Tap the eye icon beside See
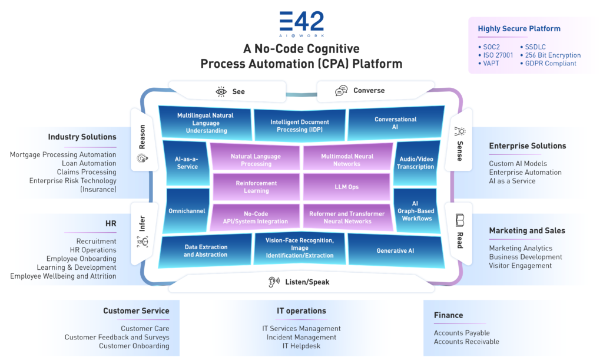tap(221, 91)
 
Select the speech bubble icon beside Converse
tap(341, 91)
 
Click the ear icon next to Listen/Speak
tap(272, 282)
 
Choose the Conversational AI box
tap(395, 123)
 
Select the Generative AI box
tap(395, 250)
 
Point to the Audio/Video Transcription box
tap(416, 162)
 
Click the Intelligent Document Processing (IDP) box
tap(300, 125)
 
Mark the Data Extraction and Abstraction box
tap(206, 251)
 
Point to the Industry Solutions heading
tap(82, 137)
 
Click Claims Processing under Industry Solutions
tap(87, 172)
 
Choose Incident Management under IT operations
tap(301, 337)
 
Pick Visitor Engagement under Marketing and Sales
tap(520, 266)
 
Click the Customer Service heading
tap(136, 311)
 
